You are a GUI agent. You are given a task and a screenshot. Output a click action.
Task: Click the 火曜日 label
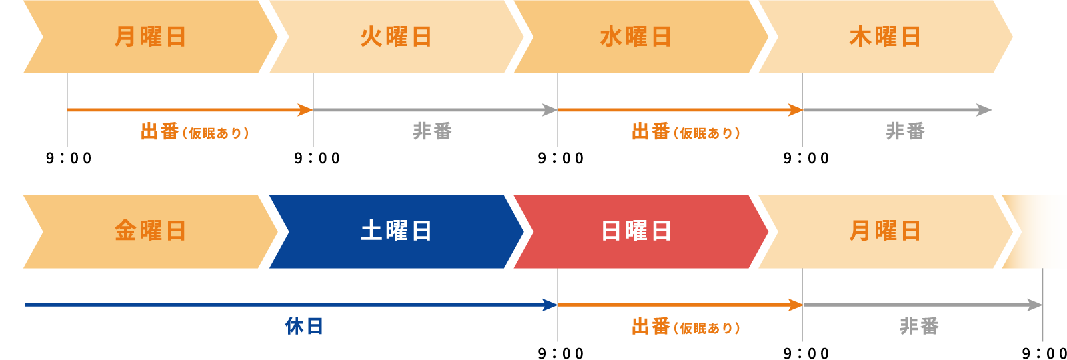pos(396,37)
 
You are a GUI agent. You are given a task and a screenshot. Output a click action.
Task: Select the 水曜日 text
pos(636,37)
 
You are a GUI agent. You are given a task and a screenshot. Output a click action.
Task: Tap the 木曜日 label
pos(884,37)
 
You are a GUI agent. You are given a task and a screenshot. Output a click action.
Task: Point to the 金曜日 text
pos(150,231)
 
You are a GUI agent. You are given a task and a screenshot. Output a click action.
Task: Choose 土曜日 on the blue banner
pos(396,231)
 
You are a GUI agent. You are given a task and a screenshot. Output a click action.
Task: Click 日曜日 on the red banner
pos(636,231)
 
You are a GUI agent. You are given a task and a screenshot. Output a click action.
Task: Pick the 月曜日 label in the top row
pos(150,37)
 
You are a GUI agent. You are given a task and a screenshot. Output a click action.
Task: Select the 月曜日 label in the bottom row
pos(884,231)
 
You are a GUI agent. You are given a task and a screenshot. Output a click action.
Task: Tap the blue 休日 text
pos(304,327)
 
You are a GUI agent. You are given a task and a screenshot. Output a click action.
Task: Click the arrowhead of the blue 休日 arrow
pos(550,305)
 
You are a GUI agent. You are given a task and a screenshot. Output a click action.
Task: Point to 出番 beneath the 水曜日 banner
pos(650,131)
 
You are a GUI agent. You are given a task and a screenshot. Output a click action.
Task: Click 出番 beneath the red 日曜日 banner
pos(650,327)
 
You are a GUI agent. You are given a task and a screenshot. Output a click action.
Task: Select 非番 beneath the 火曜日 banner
pos(432,131)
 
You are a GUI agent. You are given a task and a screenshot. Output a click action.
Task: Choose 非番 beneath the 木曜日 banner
pos(905,131)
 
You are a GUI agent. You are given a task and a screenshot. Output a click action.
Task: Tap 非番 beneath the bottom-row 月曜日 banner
pos(919,327)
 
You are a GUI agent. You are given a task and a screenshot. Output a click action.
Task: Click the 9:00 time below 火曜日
pos(317,159)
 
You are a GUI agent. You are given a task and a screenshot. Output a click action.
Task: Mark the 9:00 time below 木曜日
pos(806,159)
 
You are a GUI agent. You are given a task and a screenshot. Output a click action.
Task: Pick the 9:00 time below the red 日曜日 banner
pos(561,353)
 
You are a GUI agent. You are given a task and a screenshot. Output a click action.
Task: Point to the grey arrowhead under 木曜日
pos(984,110)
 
